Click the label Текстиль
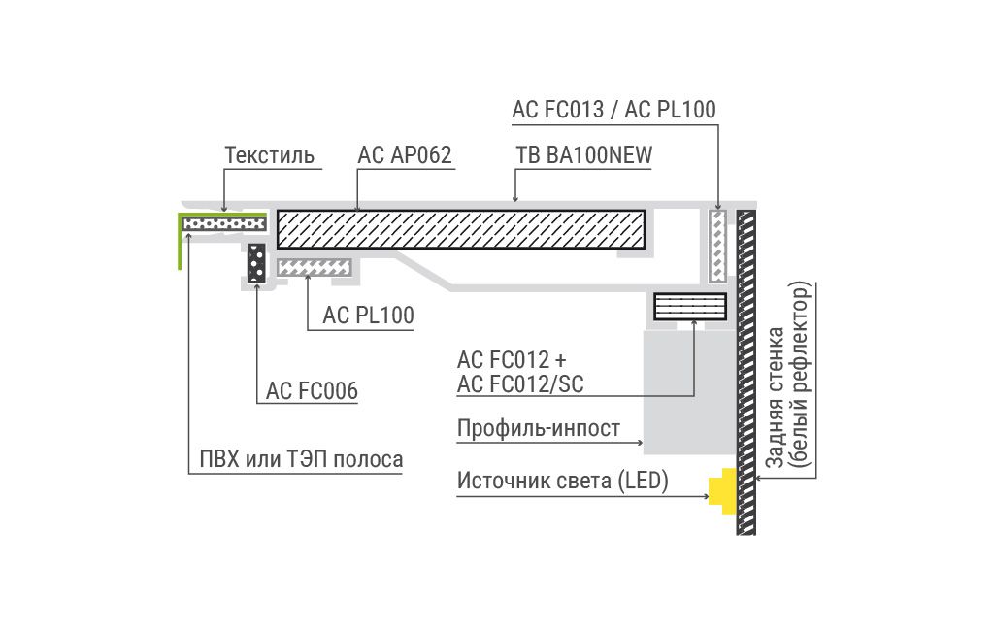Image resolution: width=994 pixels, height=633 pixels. pyautogui.click(x=270, y=155)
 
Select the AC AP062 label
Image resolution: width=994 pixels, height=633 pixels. pyautogui.click(x=405, y=155)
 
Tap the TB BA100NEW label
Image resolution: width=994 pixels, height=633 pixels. pyautogui.click(x=583, y=155)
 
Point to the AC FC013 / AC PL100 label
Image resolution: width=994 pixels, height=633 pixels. pyautogui.click(x=613, y=110)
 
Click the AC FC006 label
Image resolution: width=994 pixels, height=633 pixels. pyautogui.click(x=312, y=390)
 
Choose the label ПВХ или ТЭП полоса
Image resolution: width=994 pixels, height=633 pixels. pyautogui.click(x=301, y=458)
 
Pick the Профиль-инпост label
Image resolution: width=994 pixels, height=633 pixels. pyautogui.click(x=538, y=428)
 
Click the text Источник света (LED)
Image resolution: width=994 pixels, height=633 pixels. pyautogui.click(x=562, y=481)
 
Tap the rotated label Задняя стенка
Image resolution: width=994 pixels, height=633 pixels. pyautogui.click(x=776, y=398)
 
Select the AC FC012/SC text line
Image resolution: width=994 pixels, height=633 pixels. pyautogui.click(x=520, y=384)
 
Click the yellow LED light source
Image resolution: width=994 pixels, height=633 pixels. pyautogui.click(x=723, y=490)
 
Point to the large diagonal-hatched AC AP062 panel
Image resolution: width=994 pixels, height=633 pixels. pyautogui.click(x=461, y=229)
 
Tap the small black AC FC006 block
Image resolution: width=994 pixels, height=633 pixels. pyautogui.click(x=256, y=262)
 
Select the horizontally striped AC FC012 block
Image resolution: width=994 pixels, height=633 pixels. pyautogui.click(x=690, y=307)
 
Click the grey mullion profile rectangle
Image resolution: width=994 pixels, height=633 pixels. pyautogui.click(x=690, y=391)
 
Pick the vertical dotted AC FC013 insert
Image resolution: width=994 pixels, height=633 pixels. pyautogui.click(x=717, y=246)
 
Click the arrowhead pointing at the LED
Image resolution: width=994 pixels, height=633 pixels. pyautogui.click(x=706, y=496)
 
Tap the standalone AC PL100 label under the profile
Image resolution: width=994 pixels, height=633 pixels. pyautogui.click(x=368, y=316)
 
